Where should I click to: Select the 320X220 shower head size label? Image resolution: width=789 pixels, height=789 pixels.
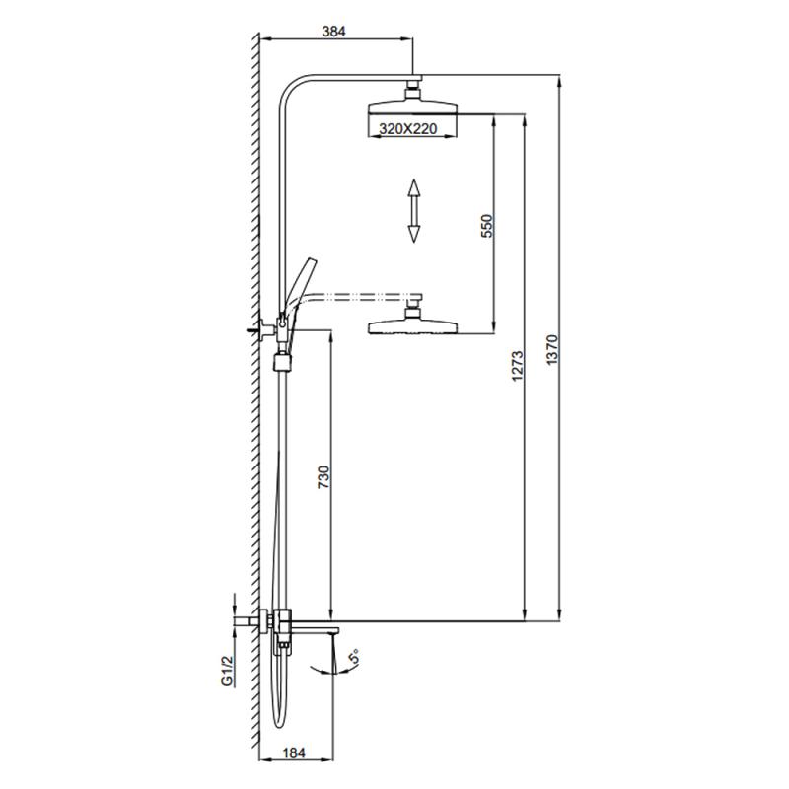point(402,127)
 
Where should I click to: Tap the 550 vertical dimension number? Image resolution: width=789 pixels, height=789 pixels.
point(485,226)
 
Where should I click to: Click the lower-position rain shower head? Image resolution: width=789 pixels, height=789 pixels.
point(414,326)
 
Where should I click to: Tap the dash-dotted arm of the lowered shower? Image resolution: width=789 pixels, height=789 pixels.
point(365,295)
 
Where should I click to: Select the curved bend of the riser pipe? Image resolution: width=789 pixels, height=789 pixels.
point(292,91)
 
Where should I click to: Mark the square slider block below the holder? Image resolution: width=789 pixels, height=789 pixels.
point(283,361)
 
